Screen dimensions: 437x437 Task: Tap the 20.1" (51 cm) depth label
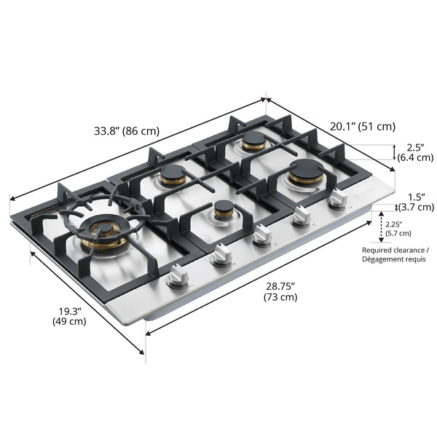pyautogui.click(x=362, y=126)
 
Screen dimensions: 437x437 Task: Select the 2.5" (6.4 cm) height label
pyautogui.click(x=415, y=151)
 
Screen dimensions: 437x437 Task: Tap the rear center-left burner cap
pyautogui.click(x=174, y=175)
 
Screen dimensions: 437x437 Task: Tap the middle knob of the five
pyautogui.click(x=261, y=235)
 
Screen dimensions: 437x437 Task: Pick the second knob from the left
pyautogui.click(x=221, y=254)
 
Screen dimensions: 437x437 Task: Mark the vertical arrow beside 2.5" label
pyautogui.click(x=394, y=151)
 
